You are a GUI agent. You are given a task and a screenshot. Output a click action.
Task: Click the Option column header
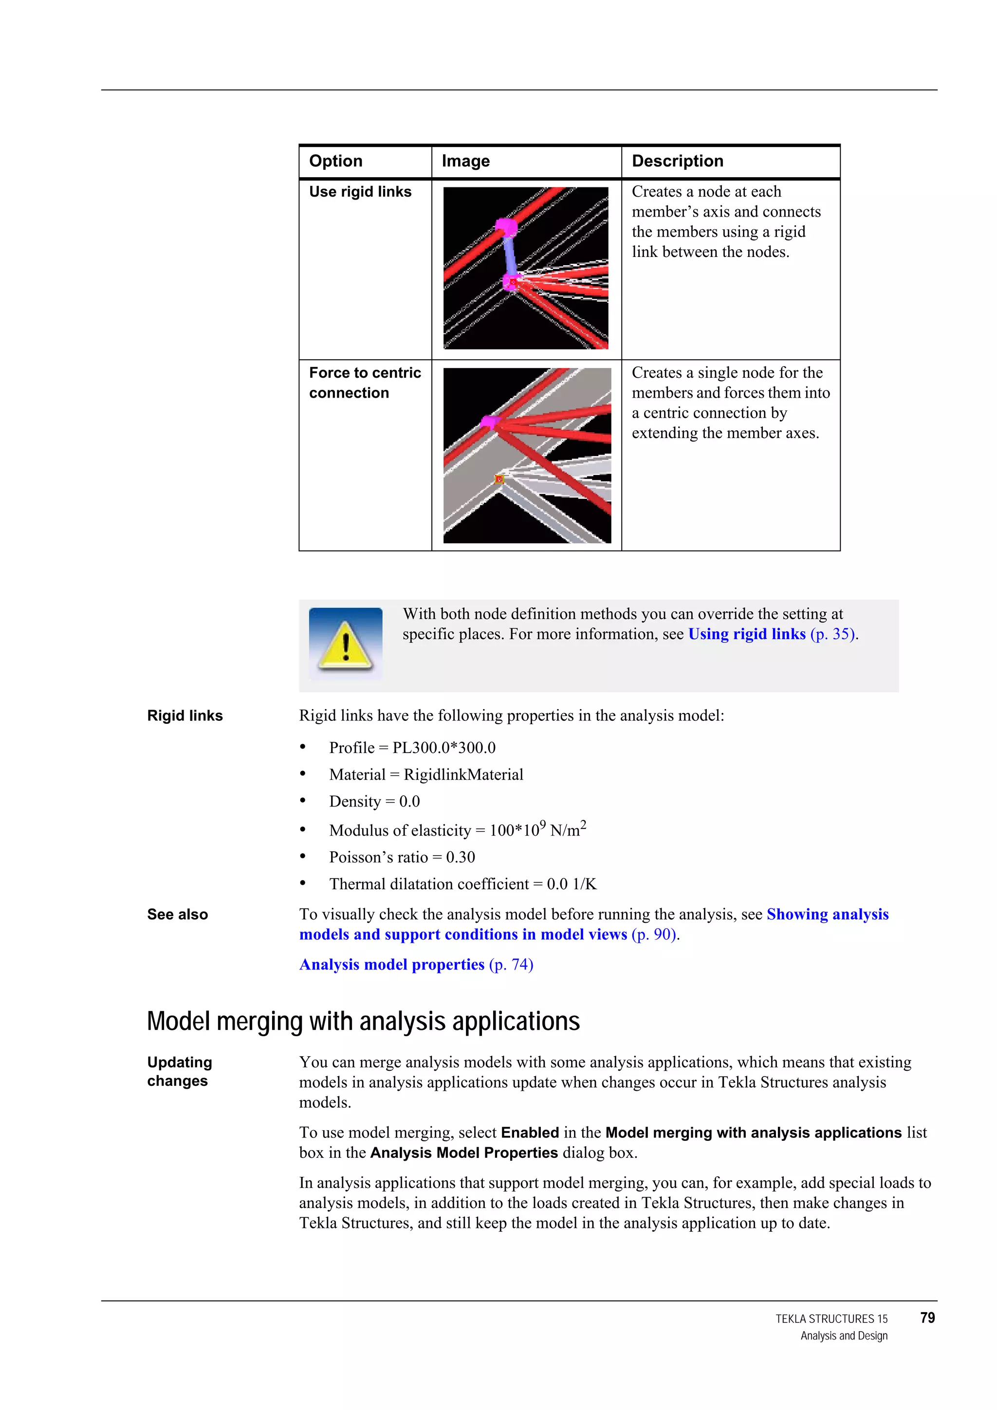(x=335, y=161)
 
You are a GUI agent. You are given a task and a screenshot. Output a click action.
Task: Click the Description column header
(x=677, y=161)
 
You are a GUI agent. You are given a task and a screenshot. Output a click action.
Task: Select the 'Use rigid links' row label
(x=360, y=192)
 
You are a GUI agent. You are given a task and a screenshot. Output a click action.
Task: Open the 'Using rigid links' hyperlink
(x=746, y=634)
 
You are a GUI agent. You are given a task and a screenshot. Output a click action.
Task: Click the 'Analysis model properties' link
(x=392, y=964)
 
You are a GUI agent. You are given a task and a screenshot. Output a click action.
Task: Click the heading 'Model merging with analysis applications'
(x=363, y=1021)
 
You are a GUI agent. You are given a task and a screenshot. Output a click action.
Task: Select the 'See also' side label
(x=178, y=915)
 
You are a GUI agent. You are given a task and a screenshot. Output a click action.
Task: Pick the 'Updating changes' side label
(x=179, y=1071)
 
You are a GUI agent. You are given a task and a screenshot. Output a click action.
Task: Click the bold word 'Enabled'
(x=530, y=1133)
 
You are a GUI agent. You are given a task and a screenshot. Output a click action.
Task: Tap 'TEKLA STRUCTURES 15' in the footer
(x=831, y=1318)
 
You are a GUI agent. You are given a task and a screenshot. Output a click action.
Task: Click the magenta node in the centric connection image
(x=490, y=422)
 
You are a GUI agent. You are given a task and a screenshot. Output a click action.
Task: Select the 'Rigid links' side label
(x=185, y=715)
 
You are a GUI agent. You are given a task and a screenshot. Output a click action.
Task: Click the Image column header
(x=465, y=161)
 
